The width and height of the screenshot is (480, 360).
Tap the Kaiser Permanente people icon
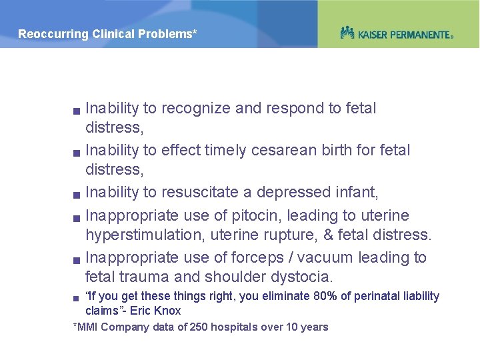click(x=347, y=33)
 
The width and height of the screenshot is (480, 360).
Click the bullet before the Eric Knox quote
click(x=77, y=297)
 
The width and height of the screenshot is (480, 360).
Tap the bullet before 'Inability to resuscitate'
click(x=77, y=195)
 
